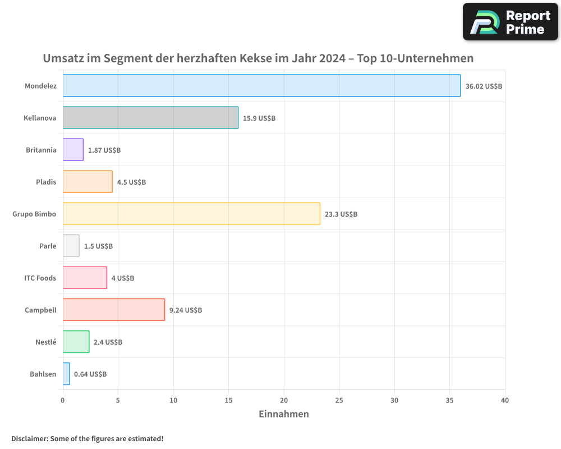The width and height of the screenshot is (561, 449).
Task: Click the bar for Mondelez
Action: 261,86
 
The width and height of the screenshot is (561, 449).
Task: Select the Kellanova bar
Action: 150,118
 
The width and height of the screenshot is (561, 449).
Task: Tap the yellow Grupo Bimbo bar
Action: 191,214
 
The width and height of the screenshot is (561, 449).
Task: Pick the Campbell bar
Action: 113,310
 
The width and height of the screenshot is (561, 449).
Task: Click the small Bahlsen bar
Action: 66,374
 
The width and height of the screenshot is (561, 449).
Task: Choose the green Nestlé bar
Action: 76,342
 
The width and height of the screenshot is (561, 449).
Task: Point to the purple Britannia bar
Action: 73,150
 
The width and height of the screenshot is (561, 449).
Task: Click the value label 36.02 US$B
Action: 484,86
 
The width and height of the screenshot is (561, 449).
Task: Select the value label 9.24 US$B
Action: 185,310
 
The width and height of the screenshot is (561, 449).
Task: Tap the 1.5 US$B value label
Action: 98,246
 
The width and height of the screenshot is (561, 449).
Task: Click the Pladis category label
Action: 45,182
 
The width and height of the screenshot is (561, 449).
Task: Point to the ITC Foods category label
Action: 40,278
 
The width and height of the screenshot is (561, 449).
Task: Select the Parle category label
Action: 48,246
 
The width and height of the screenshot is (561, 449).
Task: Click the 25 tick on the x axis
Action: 339,400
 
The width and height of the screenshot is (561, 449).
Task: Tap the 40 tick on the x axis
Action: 505,400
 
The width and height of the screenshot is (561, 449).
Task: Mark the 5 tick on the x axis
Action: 118,400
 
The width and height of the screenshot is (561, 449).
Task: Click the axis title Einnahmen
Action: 283,414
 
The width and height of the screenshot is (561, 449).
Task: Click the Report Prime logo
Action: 511,22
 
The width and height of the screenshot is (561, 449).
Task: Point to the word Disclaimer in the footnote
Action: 29,438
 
